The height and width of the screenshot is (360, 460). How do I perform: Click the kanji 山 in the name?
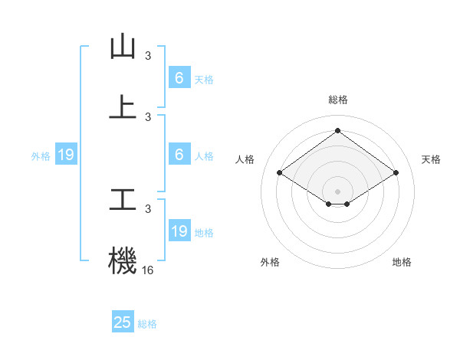point(123,47)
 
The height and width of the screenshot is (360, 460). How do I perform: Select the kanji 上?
point(123,106)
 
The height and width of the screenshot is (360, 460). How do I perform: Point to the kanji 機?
point(123,259)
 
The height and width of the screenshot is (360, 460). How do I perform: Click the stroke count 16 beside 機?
point(148,270)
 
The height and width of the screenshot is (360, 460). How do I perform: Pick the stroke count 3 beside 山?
point(148,56)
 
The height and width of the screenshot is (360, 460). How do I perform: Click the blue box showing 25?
point(123,322)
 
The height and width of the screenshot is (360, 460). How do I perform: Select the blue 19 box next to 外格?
point(66,155)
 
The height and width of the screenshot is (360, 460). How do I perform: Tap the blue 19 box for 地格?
point(179,231)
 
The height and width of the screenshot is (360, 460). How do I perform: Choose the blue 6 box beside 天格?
point(179,77)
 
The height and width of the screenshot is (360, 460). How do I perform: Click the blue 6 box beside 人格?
point(179,155)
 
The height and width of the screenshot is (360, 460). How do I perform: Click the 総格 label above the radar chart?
point(337,100)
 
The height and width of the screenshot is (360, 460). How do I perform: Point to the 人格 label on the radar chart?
point(245,159)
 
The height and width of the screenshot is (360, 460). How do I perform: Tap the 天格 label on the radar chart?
point(431,159)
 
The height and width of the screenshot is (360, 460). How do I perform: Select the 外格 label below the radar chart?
point(270,262)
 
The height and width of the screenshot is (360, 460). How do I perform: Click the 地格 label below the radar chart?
point(402,262)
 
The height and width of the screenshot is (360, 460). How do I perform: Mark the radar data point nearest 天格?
point(396,173)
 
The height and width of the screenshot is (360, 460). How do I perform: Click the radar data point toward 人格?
point(280,173)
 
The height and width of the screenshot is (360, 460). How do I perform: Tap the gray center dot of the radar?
point(337,191)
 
